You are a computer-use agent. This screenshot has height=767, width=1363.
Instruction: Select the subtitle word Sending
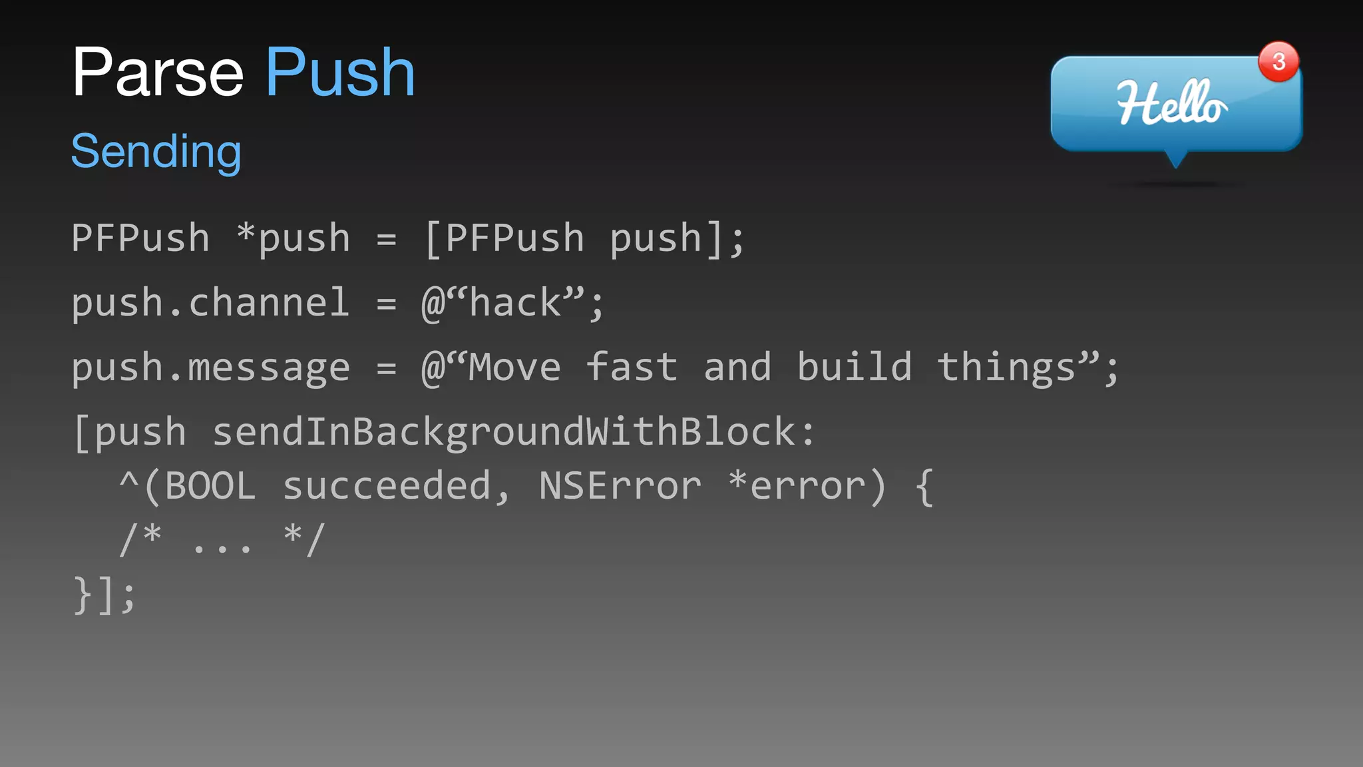coord(156,152)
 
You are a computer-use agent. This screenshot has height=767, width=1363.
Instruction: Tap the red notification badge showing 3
coord(1278,62)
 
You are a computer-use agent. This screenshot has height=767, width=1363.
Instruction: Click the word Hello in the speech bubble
coord(1171,103)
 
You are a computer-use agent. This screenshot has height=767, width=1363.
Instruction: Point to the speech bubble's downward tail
coord(1176,160)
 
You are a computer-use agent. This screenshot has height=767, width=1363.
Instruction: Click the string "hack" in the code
coord(516,303)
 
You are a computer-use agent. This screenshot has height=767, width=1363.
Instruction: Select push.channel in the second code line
coord(210,304)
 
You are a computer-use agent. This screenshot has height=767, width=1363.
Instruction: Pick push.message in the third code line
coord(210,368)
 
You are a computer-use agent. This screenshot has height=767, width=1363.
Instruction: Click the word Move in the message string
coord(514,368)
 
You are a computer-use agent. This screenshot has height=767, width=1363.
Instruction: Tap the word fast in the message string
coord(632,368)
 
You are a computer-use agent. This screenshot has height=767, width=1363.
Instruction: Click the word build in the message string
coord(855,368)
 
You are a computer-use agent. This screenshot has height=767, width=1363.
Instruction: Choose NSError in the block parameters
coord(620,486)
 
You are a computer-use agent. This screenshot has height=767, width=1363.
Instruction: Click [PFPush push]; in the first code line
coord(584,238)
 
